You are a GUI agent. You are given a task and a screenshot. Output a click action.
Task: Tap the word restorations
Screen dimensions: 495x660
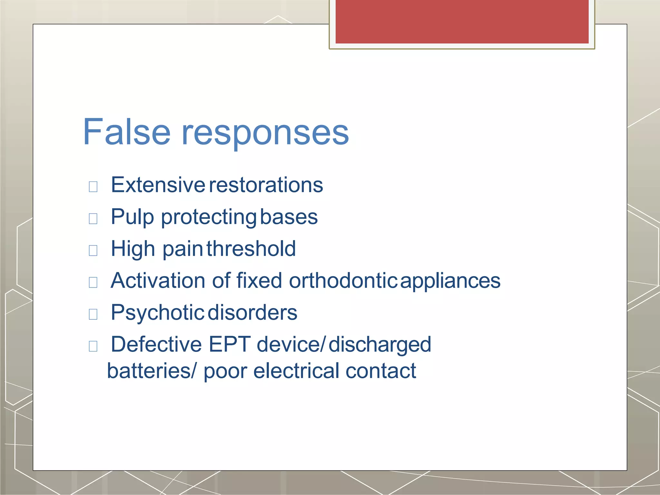click(266, 185)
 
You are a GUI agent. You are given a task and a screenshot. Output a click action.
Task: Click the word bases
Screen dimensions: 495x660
click(289, 217)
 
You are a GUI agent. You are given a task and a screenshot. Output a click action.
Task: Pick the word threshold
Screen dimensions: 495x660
click(251, 248)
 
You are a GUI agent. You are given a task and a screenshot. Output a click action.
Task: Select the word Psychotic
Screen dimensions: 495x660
click(157, 313)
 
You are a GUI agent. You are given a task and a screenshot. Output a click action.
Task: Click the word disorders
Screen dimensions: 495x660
click(253, 313)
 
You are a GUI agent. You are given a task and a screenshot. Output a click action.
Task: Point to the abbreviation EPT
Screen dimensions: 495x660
click(229, 344)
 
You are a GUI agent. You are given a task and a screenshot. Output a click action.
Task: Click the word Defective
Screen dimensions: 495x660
click(156, 344)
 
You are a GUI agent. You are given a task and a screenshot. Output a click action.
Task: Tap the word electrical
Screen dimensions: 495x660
click(296, 371)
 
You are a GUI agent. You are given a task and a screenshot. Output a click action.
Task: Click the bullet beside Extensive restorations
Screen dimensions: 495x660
click(93, 186)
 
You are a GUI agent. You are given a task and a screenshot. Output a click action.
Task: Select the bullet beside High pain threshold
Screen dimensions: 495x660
click(93, 250)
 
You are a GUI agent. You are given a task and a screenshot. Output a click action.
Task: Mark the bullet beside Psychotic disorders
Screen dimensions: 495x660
click(93, 314)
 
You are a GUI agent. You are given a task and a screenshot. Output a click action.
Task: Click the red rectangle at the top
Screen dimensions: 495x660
click(462, 21)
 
